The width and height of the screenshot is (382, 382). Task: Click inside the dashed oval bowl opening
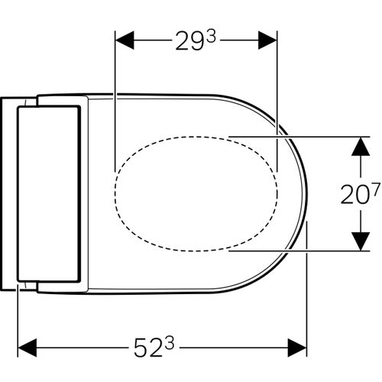coord(195,193)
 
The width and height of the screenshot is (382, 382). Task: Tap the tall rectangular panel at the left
coord(48,193)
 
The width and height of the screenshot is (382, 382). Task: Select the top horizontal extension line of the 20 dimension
coord(306,137)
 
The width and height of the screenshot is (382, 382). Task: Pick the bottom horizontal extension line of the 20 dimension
coord(306,250)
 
